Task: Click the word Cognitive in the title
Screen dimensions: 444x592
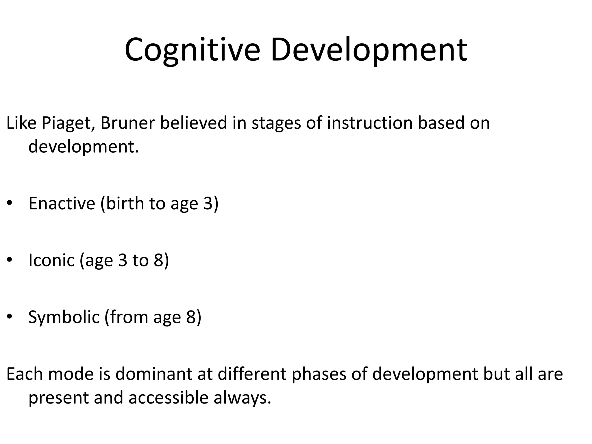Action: tap(192, 50)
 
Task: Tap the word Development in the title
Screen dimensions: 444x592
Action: tap(369, 50)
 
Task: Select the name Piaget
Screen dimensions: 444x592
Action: tap(68, 123)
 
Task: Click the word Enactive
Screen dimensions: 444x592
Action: tap(62, 203)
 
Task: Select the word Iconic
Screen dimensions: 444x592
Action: tap(51, 260)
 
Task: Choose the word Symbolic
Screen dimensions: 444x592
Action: tap(64, 317)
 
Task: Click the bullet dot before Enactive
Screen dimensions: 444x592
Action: tap(10, 203)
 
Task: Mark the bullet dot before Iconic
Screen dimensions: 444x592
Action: tap(10, 260)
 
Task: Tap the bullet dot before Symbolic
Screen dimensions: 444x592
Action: tap(10, 317)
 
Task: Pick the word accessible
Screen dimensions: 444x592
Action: tap(168, 397)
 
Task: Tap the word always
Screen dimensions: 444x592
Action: tap(242, 398)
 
